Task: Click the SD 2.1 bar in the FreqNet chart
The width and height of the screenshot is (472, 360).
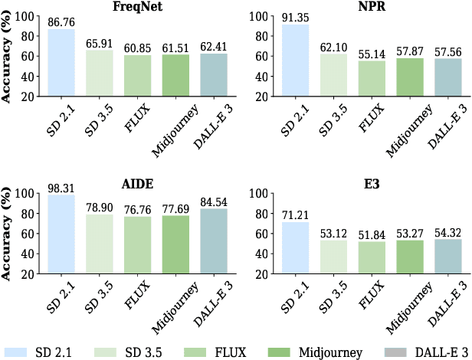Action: pos(62,63)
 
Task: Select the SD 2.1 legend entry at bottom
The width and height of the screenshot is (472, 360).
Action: pos(38,351)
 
